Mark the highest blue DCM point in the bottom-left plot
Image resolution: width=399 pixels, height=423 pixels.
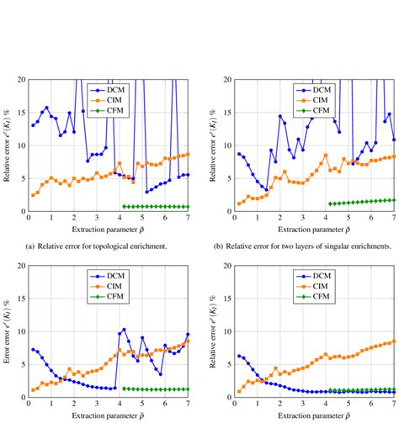(x=124, y=330)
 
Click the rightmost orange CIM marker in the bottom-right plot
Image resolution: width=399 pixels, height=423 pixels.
(x=394, y=341)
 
